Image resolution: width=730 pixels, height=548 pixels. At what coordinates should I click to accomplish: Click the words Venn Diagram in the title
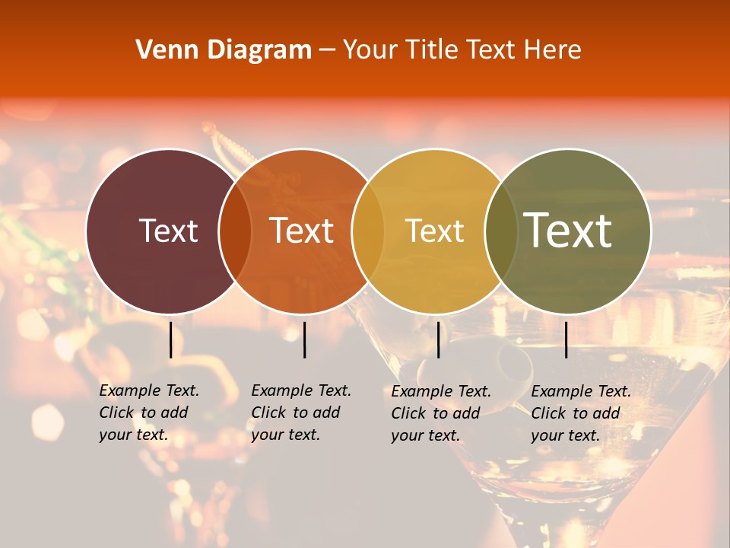click(224, 50)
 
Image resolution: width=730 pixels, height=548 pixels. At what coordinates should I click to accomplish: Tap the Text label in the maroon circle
click(168, 231)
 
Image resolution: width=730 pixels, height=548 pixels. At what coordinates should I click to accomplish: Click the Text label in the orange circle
click(302, 231)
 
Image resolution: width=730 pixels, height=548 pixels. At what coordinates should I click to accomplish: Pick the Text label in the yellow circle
click(434, 231)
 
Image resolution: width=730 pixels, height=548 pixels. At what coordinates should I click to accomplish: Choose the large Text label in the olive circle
click(568, 231)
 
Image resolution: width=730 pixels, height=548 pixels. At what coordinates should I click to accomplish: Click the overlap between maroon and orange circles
click(235, 231)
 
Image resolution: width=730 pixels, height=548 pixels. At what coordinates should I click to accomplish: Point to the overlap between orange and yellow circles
click(368, 231)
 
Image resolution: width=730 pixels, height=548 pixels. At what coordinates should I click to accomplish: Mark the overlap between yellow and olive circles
click(501, 231)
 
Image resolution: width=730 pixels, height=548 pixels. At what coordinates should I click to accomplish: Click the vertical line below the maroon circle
click(171, 339)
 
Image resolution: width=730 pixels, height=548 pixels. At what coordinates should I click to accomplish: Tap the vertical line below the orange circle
click(304, 339)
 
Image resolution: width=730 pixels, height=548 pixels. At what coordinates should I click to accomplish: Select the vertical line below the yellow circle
click(438, 339)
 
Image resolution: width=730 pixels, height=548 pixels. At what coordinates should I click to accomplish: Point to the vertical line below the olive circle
click(566, 339)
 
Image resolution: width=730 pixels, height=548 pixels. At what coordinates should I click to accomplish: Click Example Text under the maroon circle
click(149, 390)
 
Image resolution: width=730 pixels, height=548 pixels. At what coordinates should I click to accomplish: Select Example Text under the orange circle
click(301, 390)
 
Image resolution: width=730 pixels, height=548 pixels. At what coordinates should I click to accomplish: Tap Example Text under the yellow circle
click(441, 391)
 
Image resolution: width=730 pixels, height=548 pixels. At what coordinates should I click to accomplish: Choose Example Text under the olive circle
click(581, 391)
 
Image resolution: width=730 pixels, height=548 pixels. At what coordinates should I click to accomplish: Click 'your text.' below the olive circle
click(565, 435)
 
